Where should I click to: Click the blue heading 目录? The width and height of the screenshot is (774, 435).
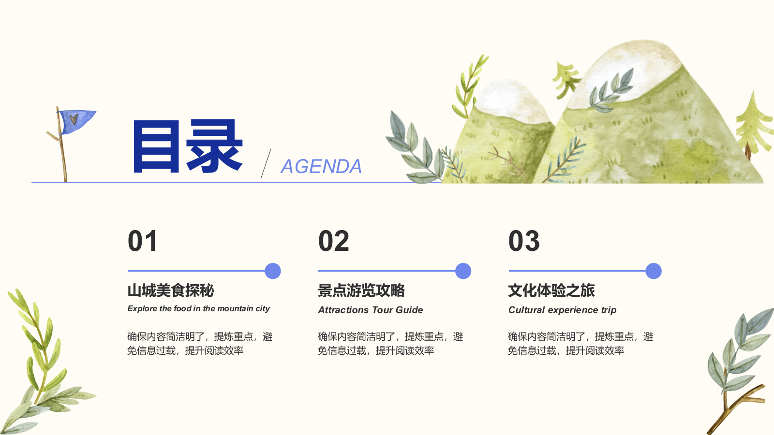[x=188, y=146]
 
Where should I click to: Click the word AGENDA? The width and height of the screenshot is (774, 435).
[x=321, y=166]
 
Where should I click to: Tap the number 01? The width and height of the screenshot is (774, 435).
[x=143, y=241]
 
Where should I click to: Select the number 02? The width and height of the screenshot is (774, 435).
[x=333, y=241]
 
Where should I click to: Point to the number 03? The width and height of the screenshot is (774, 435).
[x=524, y=241]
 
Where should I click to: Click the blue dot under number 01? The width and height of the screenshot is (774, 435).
[x=273, y=271]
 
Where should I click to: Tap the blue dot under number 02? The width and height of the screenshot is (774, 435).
[x=463, y=271]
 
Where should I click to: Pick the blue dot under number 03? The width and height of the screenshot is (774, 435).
[x=654, y=271]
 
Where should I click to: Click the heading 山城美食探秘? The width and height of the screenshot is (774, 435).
[x=171, y=290]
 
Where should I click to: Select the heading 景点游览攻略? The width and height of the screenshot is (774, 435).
[x=361, y=290]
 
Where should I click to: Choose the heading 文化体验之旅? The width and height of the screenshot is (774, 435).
[x=551, y=290]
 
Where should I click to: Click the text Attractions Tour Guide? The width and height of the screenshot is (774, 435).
[x=371, y=310]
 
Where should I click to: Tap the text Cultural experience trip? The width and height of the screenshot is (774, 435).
[x=562, y=310]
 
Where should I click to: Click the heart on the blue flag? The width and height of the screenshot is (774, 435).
[x=74, y=119]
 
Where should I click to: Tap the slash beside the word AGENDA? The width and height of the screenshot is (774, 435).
[x=266, y=164]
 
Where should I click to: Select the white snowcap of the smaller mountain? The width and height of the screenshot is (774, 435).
[x=508, y=99]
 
